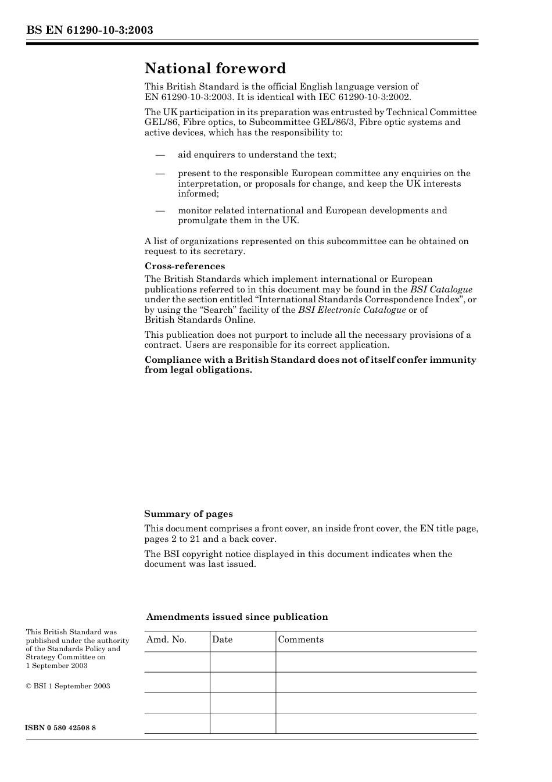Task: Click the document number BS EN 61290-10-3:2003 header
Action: (x=89, y=30)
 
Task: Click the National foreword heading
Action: (x=215, y=69)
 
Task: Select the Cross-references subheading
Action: (x=184, y=266)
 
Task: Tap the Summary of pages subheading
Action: (x=188, y=514)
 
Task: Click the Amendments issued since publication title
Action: (x=237, y=617)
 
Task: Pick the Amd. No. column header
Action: (x=167, y=640)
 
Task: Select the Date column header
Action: (x=222, y=640)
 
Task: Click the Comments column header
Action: (x=300, y=640)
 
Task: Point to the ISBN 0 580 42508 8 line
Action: (x=61, y=728)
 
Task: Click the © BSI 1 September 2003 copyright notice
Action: (x=68, y=686)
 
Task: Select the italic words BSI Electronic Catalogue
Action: (x=352, y=310)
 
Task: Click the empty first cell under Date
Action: (x=242, y=662)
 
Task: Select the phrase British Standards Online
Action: (x=199, y=320)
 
